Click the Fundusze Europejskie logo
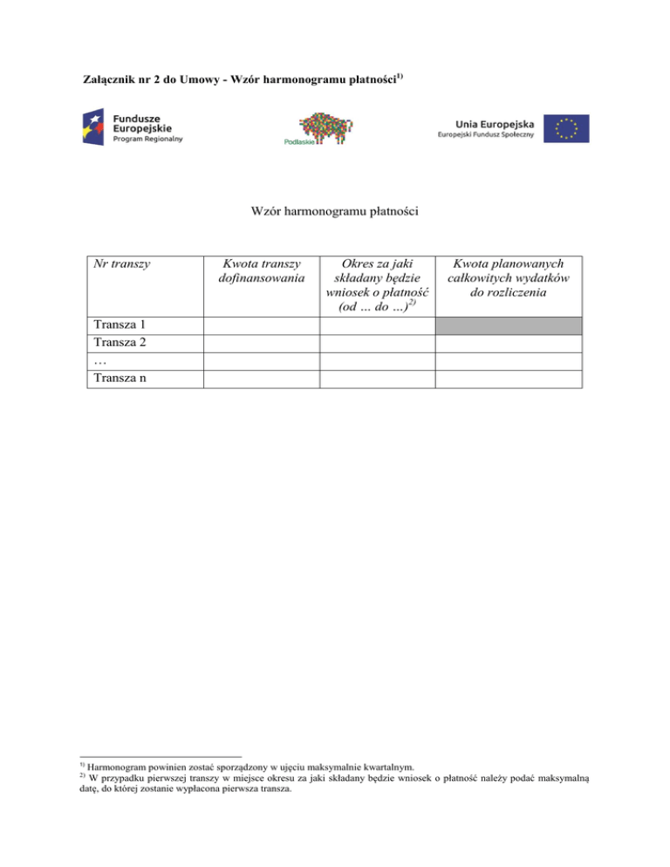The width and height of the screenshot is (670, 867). point(130,126)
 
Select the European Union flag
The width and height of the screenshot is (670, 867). point(564,127)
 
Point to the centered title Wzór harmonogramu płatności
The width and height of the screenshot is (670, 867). point(334,212)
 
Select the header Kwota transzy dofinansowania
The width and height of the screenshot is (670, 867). point(262,270)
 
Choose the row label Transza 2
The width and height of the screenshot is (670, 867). point(119,344)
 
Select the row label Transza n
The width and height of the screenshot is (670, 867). point(119,379)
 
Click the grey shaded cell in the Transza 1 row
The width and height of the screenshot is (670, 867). point(508,326)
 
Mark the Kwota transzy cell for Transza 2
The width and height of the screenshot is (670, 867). point(262,344)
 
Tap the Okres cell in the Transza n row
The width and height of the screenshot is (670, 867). point(377,379)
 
